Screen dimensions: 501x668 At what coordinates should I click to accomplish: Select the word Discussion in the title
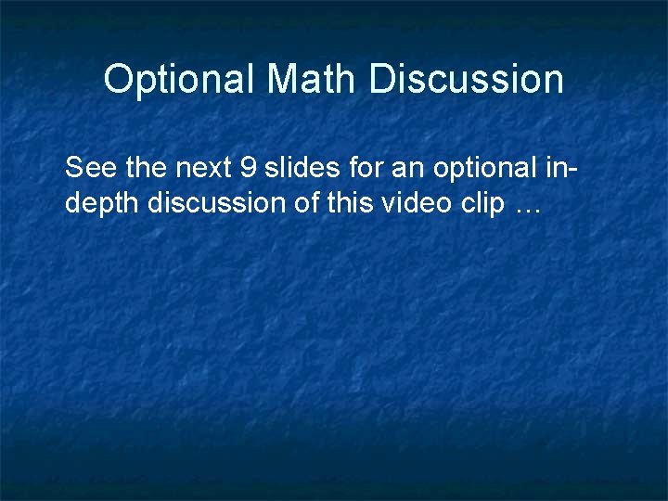click(467, 80)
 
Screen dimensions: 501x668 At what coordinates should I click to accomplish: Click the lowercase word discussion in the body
click(216, 202)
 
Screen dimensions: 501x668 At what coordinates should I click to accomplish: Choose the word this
click(351, 202)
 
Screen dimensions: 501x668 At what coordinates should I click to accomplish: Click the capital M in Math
click(283, 80)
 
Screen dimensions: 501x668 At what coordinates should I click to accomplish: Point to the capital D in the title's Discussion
click(381, 80)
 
